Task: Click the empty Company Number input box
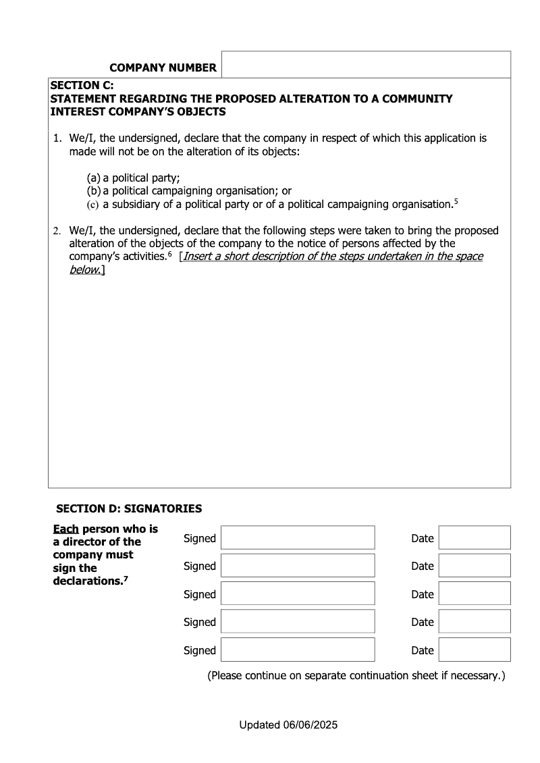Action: [366, 65]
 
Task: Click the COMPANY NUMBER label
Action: [163, 68]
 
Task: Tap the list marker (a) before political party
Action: [94, 178]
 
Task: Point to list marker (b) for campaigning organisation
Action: [94, 191]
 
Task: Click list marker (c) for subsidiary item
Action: [93, 204]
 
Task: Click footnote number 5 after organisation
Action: [456, 201]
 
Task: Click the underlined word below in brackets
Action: [84, 270]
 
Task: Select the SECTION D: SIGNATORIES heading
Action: [129, 508]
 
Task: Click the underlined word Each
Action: [65, 529]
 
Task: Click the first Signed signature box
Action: [297, 537]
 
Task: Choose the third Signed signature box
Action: [297, 594]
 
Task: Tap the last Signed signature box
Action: [297, 650]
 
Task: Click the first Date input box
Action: [474, 537]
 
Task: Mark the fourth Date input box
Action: [474, 621]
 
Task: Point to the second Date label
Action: [422, 567]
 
